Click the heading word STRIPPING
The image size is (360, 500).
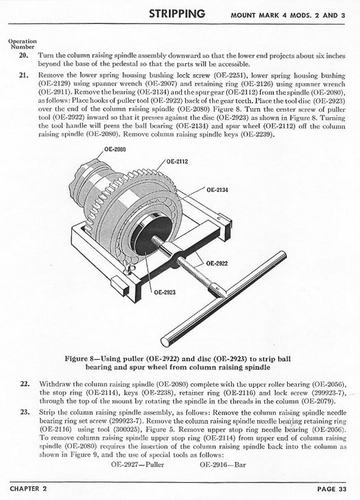tap(176, 13)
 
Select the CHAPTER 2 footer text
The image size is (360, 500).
tap(28, 489)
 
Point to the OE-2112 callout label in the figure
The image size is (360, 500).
tap(178, 162)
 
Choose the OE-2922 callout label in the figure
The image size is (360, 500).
tap(217, 263)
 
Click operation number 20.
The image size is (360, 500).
tap(23, 56)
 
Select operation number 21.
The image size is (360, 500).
tap(23, 74)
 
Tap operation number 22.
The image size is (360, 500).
tap(23, 384)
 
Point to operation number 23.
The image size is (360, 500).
tap(23, 412)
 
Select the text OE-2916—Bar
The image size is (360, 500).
tap(222, 464)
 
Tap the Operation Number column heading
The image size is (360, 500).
tap(23, 44)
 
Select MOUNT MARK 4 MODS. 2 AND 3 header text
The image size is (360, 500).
tap(288, 15)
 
